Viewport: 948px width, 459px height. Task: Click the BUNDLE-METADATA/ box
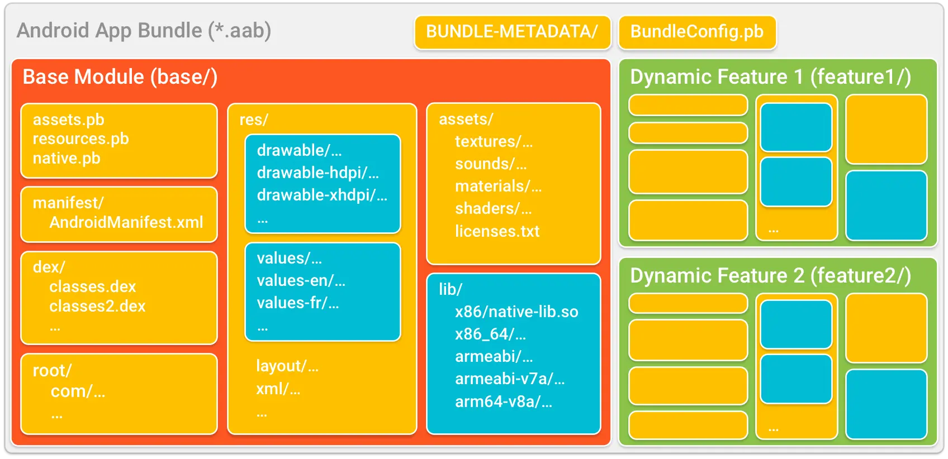pyautogui.click(x=512, y=32)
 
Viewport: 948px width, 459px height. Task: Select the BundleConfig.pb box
pyautogui.click(x=697, y=32)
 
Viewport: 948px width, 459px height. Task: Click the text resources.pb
pyautogui.click(x=80, y=138)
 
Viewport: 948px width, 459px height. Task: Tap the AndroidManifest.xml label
pyautogui.click(x=126, y=222)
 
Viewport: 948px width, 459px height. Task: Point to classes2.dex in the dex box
pyautogui.click(x=97, y=306)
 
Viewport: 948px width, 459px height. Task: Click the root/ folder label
pyautogui.click(x=52, y=370)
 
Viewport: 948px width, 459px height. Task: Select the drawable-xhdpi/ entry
pyautogui.click(x=322, y=195)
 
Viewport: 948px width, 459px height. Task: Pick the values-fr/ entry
pyautogui.click(x=298, y=303)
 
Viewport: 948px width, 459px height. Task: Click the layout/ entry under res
pyautogui.click(x=287, y=366)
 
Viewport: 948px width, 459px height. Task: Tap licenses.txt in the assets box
pyautogui.click(x=497, y=231)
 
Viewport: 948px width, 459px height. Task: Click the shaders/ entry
pyautogui.click(x=493, y=208)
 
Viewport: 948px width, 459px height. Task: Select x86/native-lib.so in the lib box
pyautogui.click(x=516, y=312)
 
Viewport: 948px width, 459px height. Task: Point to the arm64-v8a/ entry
pyautogui.click(x=504, y=401)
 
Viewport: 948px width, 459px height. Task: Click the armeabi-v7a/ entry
pyautogui.click(x=510, y=379)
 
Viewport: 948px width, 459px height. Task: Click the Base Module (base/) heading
pyautogui.click(x=120, y=76)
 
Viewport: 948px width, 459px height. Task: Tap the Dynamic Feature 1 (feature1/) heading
pyautogui.click(x=770, y=76)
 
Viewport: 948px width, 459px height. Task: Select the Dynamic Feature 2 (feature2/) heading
pyautogui.click(x=770, y=275)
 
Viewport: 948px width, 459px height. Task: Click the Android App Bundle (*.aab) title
pyautogui.click(x=144, y=30)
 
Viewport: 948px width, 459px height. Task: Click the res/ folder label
pyautogui.click(x=254, y=119)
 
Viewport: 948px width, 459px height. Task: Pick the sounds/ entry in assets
pyautogui.click(x=491, y=164)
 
